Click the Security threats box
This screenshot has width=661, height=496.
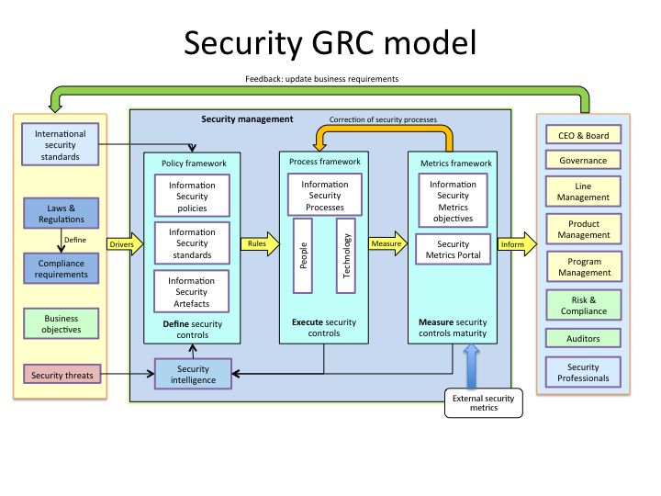pyautogui.click(x=61, y=375)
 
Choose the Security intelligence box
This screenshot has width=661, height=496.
pyautogui.click(x=194, y=374)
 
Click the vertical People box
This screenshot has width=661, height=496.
pyautogui.click(x=303, y=255)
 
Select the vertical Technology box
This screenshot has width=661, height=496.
pyautogui.click(x=346, y=255)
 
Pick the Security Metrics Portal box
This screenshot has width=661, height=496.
pyautogui.click(x=454, y=250)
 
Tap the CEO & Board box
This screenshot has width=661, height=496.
pyautogui.click(x=583, y=136)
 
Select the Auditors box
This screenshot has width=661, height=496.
pyautogui.click(x=583, y=339)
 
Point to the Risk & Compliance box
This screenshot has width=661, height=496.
pyautogui.click(x=583, y=305)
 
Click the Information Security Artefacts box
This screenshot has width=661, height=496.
pyautogui.click(x=192, y=292)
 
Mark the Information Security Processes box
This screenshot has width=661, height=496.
pyautogui.click(x=324, y=196)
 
